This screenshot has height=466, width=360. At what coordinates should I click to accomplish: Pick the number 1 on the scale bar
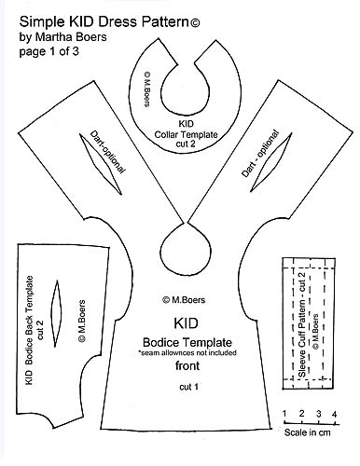(x=284, y=412)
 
